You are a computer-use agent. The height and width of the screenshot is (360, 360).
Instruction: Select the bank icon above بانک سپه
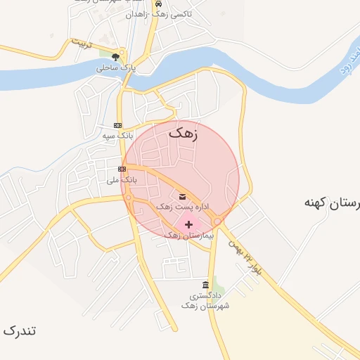(x=117, y=124)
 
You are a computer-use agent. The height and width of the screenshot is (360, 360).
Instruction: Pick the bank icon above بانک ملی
(x=122, y=169)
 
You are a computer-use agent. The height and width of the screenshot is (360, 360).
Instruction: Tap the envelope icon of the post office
(x=182, y=196)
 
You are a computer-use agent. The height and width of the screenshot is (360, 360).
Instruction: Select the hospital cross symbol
(x=188, y=224)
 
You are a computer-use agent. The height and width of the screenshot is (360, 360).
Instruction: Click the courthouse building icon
(x=205, y=285)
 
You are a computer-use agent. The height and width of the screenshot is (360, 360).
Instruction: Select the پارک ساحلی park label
(x=115, y=68)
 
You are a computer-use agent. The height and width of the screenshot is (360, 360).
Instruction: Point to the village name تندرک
(x=20, y=330)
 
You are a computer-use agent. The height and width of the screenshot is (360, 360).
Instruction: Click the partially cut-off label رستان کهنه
(x=331, y=202)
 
